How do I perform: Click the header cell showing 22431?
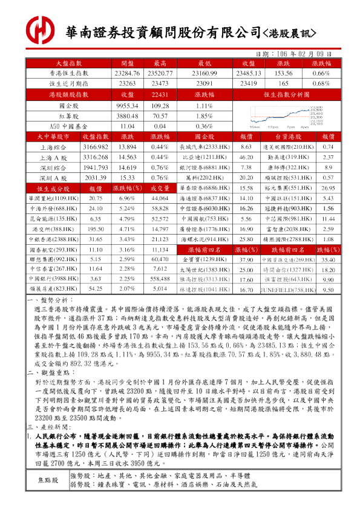(x=160, y=95)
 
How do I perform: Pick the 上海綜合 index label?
(x=53, y=147)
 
